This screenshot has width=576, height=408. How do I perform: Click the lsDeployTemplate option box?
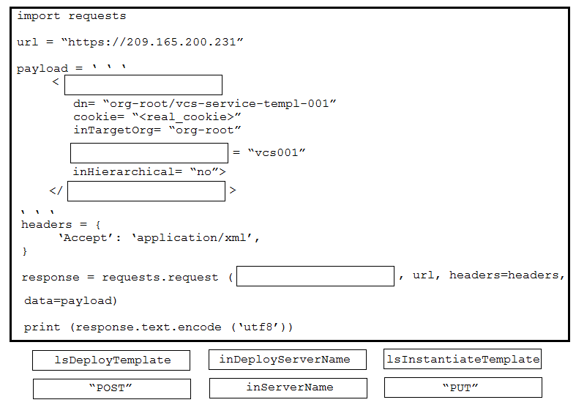[x=111, y=360]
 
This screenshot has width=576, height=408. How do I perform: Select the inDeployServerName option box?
[x=288, y=360]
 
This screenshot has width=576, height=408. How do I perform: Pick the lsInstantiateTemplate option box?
[x=463, y=359]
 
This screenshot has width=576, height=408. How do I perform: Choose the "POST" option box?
[x=112, y=389]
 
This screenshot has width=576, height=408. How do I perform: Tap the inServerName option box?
[x=288, y=388]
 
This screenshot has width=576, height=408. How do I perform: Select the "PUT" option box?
[x=463, y=387]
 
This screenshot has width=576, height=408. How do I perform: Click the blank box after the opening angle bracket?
[x=143, y=85]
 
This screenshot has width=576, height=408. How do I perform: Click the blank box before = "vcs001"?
[x=149, y=153]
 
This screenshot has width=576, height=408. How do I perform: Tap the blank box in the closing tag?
[x=146, y=191]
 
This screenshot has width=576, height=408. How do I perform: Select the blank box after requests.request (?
[x=315, y=276]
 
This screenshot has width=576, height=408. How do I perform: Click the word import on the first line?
[x=39, y=16]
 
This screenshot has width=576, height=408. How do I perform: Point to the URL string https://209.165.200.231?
[x=152, y=42]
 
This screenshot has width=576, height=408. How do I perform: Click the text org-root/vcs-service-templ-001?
[x=220, y=104]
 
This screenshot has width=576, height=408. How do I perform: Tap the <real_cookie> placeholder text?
[x=187, y=117]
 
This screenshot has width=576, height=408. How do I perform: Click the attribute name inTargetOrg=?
[x=117, y=130]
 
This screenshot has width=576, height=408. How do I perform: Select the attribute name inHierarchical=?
[x=127, y=171]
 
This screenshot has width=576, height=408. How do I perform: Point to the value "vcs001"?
[x=277, y=152]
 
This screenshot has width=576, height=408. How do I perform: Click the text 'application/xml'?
[x=193, y=238]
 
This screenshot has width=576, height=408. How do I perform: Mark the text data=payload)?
[x=70, y=301]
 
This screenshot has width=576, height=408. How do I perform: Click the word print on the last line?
[x=42, y=327]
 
